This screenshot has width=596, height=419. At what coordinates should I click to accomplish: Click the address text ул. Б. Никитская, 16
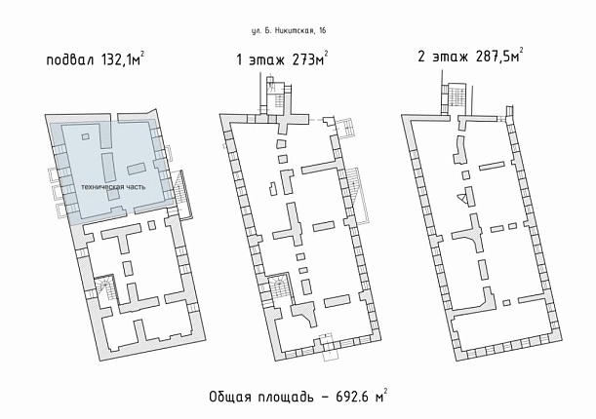pos(289,31)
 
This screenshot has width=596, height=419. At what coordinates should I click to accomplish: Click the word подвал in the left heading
pos(69,60)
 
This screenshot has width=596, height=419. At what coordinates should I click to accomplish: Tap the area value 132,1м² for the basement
pos(122,59)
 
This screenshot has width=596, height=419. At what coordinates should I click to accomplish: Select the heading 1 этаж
pos(260,60)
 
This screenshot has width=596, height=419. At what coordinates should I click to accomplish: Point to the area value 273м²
pos(310,58)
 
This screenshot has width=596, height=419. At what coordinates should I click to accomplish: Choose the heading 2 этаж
pos(443,57)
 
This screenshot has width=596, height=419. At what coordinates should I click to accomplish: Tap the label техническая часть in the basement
pos(113,187)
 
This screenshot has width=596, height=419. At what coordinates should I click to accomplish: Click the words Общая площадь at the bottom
pos(261,397)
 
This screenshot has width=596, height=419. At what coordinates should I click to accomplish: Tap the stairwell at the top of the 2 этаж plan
pos(455,95)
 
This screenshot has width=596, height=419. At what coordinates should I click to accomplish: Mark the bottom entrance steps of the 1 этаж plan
pos(328,347)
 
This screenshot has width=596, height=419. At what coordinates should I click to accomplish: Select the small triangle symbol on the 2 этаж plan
pos(461,198)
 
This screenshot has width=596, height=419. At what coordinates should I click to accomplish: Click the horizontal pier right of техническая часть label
pos(137,169)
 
